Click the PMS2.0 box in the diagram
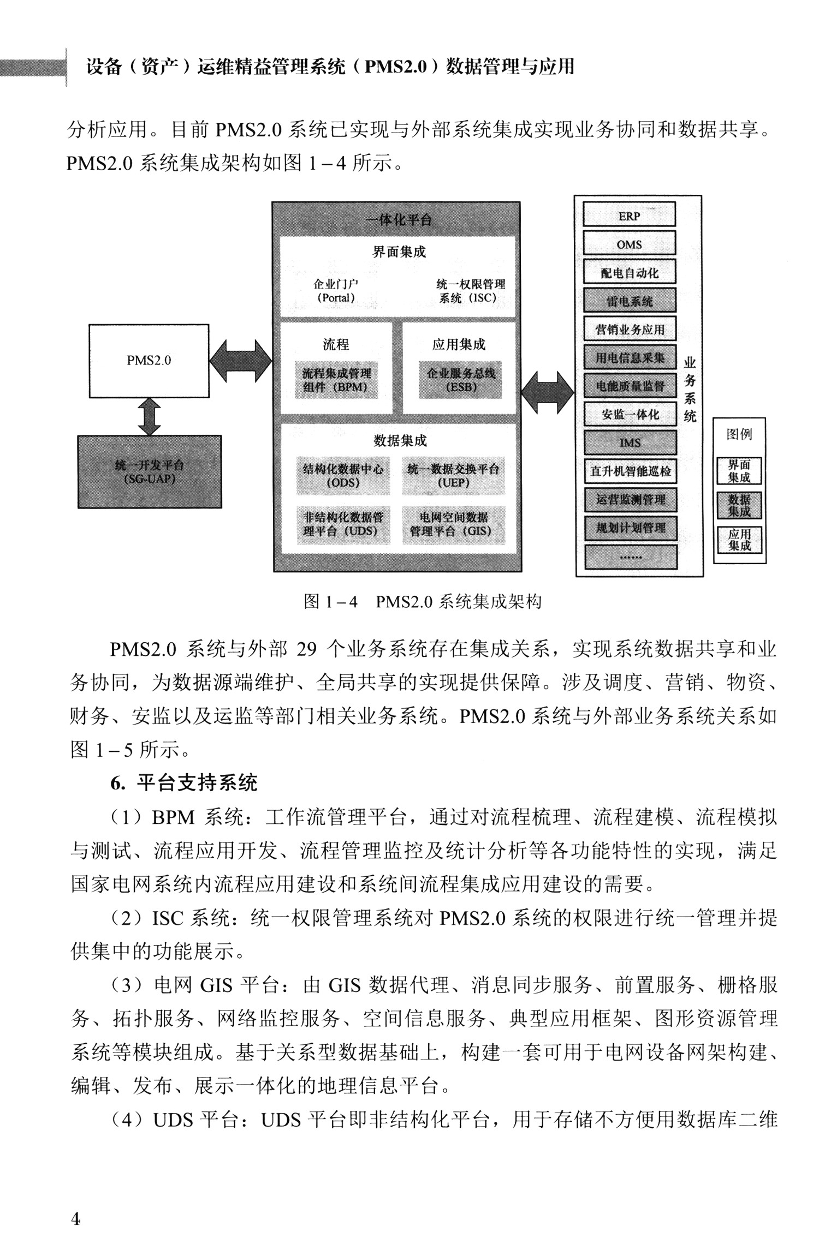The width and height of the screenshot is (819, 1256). [x=149, y=361]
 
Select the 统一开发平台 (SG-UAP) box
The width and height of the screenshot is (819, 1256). [x=150, y=472]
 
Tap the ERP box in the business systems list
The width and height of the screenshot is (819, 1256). [x=629, y=216]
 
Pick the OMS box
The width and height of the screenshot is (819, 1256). [x=629, y=244]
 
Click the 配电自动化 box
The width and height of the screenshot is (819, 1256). [x=629, y=272]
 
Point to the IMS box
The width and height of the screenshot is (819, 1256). [x=630, y=442]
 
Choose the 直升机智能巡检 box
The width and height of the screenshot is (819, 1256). [x=630, y=471]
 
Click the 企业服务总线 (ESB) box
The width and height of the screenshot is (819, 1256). [x=460, y=380]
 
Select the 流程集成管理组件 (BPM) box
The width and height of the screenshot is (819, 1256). [x=336, y=380]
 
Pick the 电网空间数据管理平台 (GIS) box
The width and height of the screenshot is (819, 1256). [x=453, y=524]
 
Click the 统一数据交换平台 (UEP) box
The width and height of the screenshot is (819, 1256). [x=453, y=476]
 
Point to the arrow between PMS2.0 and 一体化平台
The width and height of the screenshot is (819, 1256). [x=240, y=361]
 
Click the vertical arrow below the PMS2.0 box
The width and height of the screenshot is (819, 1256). [x=149, y=416]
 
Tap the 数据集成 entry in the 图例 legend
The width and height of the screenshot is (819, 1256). [x=739, y=505]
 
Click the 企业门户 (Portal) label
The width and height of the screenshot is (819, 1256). [x=336, y=291]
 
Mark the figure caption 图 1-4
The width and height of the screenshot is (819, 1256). [x=422, y=602]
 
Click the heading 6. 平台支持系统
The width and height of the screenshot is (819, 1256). [x=183, y=783]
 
